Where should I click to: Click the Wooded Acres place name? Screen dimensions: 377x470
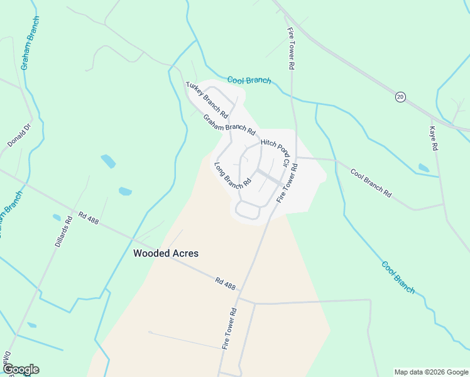click(x=166, y=253)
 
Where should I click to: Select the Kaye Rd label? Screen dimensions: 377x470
click(x=433, y=138)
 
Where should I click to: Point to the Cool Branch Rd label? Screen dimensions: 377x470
click(x=371, y=183)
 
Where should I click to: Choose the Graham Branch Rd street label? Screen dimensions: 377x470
click(x=229, y=125)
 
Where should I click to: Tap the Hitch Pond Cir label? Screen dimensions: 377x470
click(x=275, y=153)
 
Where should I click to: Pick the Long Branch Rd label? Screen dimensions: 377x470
click(x=232, y=177)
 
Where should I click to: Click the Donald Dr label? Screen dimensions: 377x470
click(x=19, y=135)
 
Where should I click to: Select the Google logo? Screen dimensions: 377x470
click(x=21, y=369)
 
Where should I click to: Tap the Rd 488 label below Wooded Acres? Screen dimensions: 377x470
click(x=225, y=284)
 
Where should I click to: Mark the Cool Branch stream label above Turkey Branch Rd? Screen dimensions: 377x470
click(x=249, y=80)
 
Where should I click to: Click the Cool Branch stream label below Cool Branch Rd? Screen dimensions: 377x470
click(x=398, y=277)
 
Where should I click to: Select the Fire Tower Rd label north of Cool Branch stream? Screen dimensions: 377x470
click(x=291, y=48)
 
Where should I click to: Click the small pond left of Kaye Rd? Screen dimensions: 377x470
click(x=424, y=168)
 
